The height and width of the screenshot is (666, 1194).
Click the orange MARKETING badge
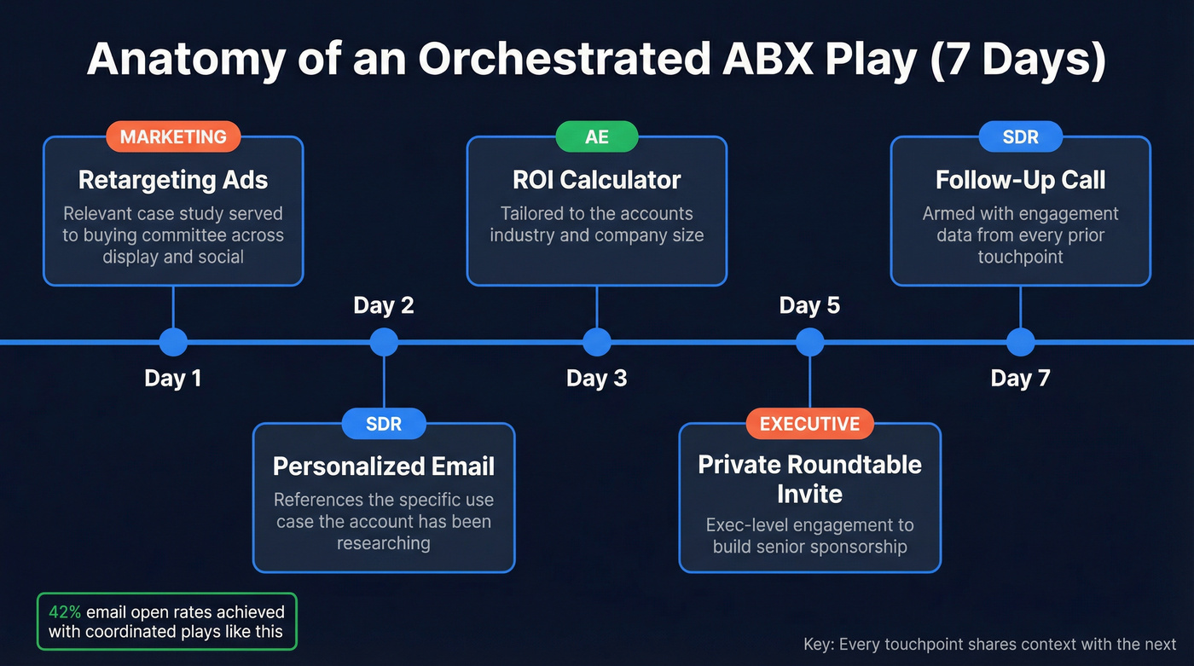pyautogui.click(x=173, y=136)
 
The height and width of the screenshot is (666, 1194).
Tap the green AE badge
pyautogui.click(x=596, y=136)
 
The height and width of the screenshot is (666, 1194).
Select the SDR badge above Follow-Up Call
pyautogui.click(x=1020, y=136)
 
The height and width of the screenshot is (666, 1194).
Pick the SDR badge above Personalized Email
pyautogui.click(x=384, y=424)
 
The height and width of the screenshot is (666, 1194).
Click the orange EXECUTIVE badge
pyautogui.click(x=809, y=424)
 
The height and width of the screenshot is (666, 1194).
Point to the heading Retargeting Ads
pyautogui.click(x=173, y=180)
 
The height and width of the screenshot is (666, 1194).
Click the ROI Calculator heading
pyautogui.click(x=596, y=180)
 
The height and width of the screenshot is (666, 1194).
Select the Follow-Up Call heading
pyautogui.click(x=1020, y=180)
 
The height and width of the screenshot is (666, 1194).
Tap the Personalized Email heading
pyautogui.click(x=384, y=466)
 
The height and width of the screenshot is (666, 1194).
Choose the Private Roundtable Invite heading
pyautogui.click(x=809, y=479)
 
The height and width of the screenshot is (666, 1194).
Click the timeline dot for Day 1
pyautogui.click(x=173, y=342)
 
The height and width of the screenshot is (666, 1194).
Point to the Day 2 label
pyautogui.click(x=384, y=305)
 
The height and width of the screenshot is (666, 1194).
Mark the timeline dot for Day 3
pyautogui.click(x=596, y=342)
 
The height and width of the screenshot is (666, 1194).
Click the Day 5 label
pyautogui.click(x=809, y=305)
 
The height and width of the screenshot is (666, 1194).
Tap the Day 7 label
pyautogui.click(x=1020, y=378)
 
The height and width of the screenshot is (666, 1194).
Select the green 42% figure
pyautogui.click(x=64, y=611)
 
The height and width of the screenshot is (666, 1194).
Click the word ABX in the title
pyautogui.click(x=772, y=60)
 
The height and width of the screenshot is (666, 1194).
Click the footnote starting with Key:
pyautogui.click(x=989, y=645)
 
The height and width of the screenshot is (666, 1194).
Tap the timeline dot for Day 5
pyautogui.click(x=809, y=342)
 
